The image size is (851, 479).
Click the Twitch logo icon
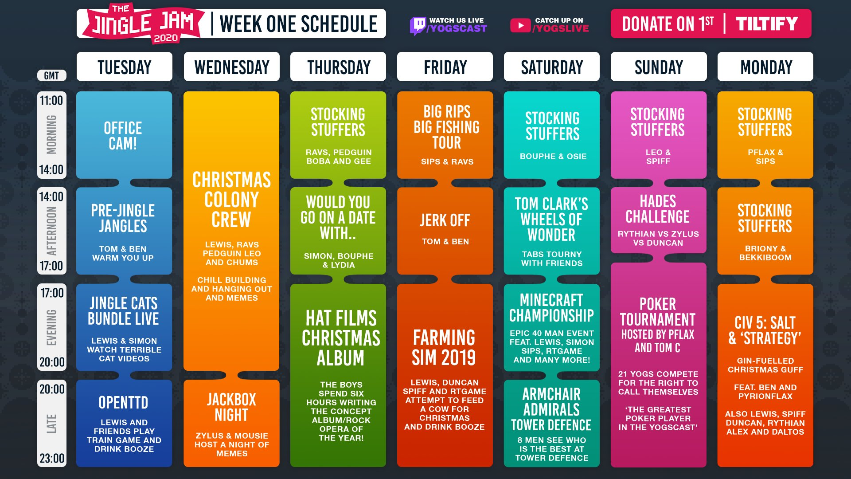[x=418, y=26]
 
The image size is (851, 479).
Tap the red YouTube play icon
[x=520, y=25]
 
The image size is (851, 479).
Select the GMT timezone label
[x=51, y=75]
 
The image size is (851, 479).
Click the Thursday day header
[x=338, y=67]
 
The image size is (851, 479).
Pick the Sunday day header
[x=659, y=67]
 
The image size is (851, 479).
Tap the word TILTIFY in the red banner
[x=767, y=24]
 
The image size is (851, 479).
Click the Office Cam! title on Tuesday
[x=123, y=136]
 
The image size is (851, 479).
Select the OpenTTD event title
[x=123, y=402]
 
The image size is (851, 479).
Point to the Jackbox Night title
[x=231, y=407]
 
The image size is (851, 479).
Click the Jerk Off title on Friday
[x=445, y=220]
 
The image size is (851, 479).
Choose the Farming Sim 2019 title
[x=444, y=348]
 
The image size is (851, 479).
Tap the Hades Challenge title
[x=658, y=209]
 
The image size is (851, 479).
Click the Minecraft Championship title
[x=551, y=308]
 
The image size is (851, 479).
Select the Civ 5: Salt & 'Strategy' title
[x=765, y=330]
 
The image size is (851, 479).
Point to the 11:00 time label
[x=51, y=101]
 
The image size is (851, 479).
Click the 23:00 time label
[x=52, y=458]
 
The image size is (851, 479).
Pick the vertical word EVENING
[x=52, y=327]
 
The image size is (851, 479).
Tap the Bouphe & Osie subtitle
[x=553, y=156]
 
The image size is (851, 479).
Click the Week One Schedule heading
[x=298, y=24]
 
